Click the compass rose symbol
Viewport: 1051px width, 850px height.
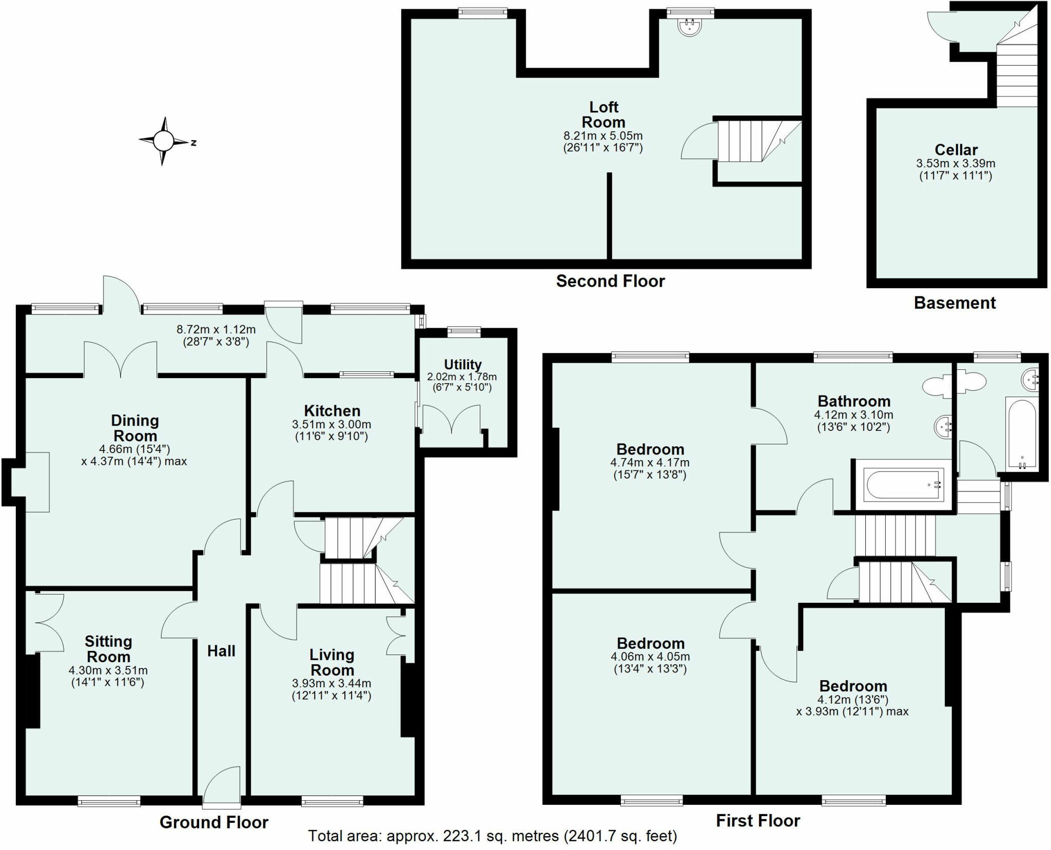pyautogui.click(x=164, y=140)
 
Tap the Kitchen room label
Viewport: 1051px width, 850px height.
pyautogui.click(x=332, y=411)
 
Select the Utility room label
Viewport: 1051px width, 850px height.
pyautogui.click(x=462, y=365)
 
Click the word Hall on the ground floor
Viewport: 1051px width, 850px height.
pyautogui.click(x=221, y=651)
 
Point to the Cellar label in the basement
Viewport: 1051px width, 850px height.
pyautogui.click(x=956, y=150)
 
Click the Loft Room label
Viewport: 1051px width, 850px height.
pyautogui.click(x=604, y=115)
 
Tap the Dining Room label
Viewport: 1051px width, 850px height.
pyautogui.click(x=135, y=428)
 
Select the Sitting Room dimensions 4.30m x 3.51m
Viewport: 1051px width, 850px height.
pyautogui.click(x=108, y=670)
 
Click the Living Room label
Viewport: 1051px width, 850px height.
pyautogui.click(x=332, y=662)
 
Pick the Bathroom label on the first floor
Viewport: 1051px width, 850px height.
pyautogui.click(x=854, y=401)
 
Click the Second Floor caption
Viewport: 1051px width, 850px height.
pyautogui.click(x=610, y=281)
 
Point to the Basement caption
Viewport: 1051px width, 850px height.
pyautogui.click(x=955, y=303)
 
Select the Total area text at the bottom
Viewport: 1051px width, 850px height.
pyautogui.click(x=492, y=837)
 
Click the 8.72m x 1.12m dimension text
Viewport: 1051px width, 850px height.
pyautogui.click(x=216, y=330)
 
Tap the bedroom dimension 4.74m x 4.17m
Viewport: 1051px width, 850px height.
pyautogui.click(x=650, y=462)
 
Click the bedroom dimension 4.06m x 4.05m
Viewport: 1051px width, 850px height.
pyautogui.click(x=650, y=657)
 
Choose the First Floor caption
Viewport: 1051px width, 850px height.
pyautogui.click(x=757, y=821)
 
